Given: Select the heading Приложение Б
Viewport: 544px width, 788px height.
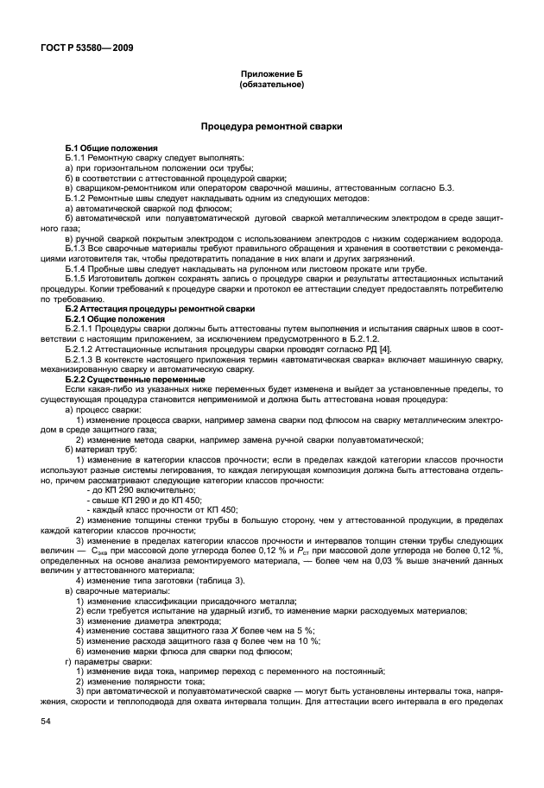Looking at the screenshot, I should coord(271,76).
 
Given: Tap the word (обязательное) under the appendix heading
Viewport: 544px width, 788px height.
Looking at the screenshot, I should coord(271,85).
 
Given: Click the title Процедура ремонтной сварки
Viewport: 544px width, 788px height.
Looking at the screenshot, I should coord(271,126).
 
